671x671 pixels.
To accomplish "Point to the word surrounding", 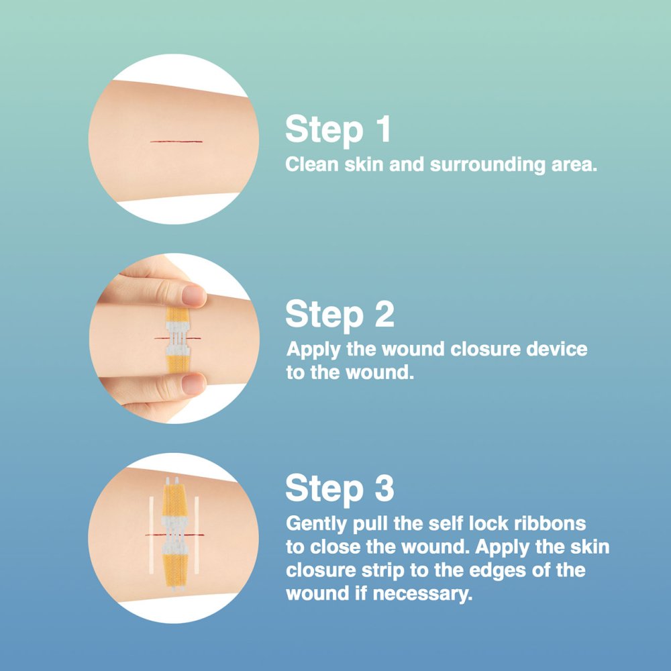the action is (x=487, y=165).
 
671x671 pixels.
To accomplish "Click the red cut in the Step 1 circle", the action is (x=176, y=141).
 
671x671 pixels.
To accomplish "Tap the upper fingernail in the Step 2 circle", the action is (x=194, y=295).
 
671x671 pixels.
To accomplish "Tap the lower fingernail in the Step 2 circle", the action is (x=193, y=384).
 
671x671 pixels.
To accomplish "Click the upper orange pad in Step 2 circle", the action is (x=177, y=315).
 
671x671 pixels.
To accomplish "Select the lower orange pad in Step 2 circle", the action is (x=177, y=363).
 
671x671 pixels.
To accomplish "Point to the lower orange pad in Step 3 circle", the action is (x=175, y=571).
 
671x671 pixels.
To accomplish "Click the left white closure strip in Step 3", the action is (x=151, y=535).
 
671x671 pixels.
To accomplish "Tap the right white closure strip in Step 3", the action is (x=197, y=535).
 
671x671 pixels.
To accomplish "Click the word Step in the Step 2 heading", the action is (x=324, y=315).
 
